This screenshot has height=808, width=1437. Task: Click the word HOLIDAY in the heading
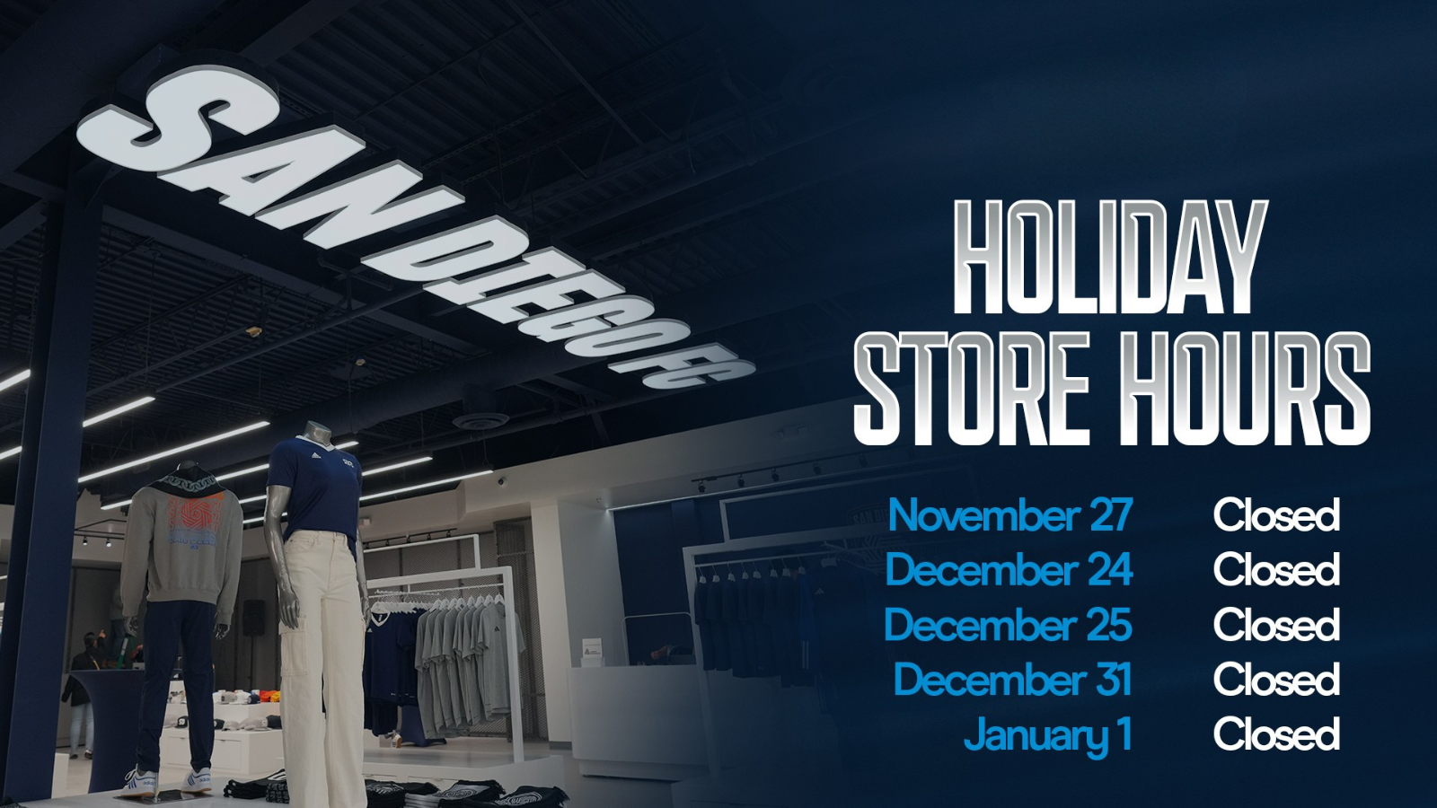click(1109, 258)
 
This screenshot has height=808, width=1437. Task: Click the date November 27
click(1010, 515)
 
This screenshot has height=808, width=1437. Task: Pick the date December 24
click(1009, 569)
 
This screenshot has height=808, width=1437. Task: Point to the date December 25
click(1009, 625)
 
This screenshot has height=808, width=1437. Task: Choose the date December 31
click(1013, 679)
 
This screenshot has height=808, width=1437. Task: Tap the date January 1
click(1047, 735)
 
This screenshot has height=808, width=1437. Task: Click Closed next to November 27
click(1276, 515)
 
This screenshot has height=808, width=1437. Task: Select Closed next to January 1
click(1276, 733)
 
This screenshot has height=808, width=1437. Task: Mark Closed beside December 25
click(1276, 625)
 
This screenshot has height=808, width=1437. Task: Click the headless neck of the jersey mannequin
click(315, 434)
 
